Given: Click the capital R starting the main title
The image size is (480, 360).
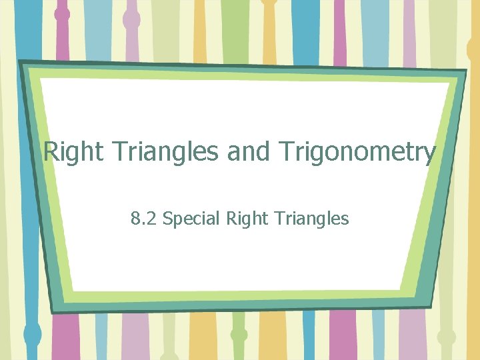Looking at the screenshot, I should pyautogui.click(x=51, y=153).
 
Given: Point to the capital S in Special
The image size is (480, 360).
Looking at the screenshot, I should pyautogui.click(x=167, y=218).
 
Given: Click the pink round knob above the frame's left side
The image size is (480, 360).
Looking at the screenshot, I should pyautogui.click(x=62, y=14).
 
